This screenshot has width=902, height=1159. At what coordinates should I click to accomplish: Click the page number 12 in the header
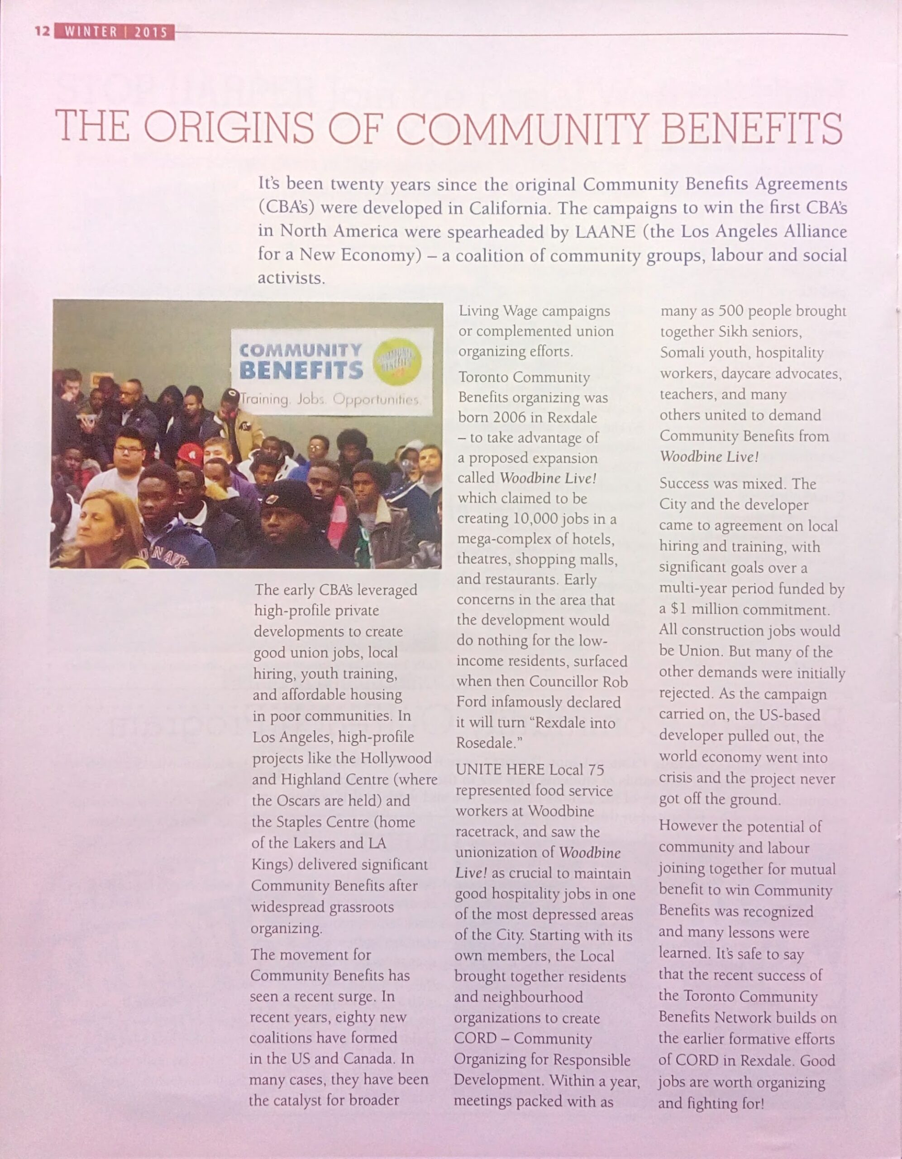(x=42, y=32)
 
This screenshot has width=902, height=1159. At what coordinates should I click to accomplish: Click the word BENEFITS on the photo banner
(x=301, y=370)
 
